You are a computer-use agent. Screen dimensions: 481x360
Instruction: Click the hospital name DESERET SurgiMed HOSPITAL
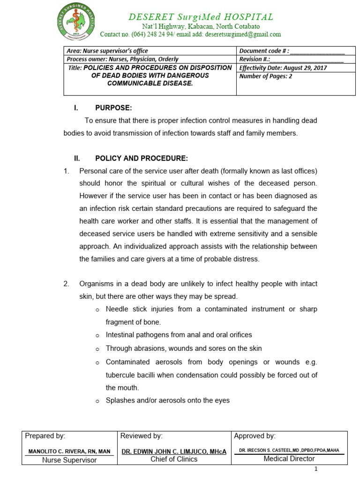201,17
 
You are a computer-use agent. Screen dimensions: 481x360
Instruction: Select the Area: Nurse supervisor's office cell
107,51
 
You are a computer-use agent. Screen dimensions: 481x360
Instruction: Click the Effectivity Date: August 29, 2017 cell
283,68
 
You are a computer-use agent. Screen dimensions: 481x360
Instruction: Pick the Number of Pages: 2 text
265,76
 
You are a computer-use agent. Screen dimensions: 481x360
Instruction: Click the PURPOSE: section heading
113,108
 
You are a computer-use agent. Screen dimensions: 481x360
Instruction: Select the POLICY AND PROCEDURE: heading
142,158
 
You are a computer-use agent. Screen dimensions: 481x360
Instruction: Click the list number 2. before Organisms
67,284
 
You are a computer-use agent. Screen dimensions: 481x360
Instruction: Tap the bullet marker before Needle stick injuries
97,310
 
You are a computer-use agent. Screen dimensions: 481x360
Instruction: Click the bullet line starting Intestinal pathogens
179,335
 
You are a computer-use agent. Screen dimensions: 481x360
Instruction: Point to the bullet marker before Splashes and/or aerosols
97,401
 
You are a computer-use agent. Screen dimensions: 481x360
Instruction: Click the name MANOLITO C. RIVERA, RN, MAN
69,451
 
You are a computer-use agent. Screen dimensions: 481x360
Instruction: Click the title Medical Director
289,459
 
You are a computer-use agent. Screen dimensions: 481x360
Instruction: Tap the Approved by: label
255,436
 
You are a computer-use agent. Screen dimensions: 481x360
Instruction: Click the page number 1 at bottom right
316,469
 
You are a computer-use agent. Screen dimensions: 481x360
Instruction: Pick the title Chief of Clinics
174,459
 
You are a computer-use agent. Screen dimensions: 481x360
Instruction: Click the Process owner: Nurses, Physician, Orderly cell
123,59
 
